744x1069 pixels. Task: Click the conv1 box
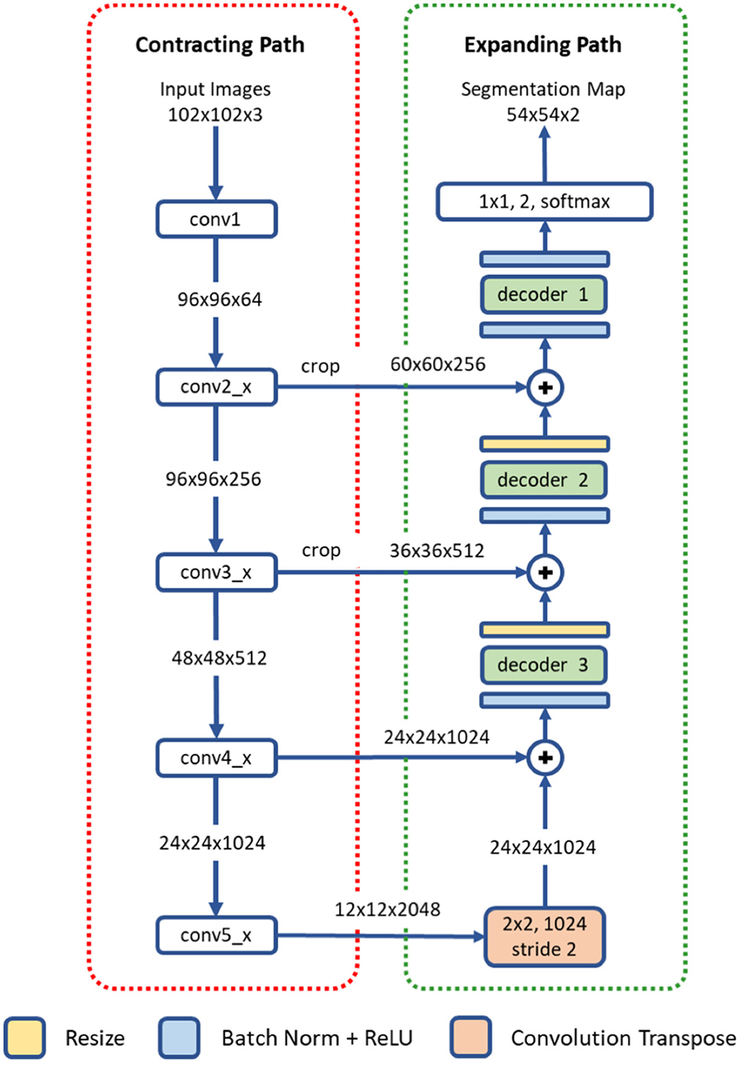coord(216,220)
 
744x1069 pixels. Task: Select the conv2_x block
coord(216,386)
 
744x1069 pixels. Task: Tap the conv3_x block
coord(216,570)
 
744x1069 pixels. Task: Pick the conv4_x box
coord(216,756)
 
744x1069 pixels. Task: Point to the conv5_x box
coord(216,937)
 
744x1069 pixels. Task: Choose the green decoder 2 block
coord(544,479)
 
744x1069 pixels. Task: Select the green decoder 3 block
coord(544,664)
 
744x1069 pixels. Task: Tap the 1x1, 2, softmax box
coord(544,201)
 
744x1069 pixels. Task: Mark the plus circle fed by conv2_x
coord(544,386)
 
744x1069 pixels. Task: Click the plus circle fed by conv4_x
coord(544,756)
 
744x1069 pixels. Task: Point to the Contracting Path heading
coord(219,45)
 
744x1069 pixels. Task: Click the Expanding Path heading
coord(544,45)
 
